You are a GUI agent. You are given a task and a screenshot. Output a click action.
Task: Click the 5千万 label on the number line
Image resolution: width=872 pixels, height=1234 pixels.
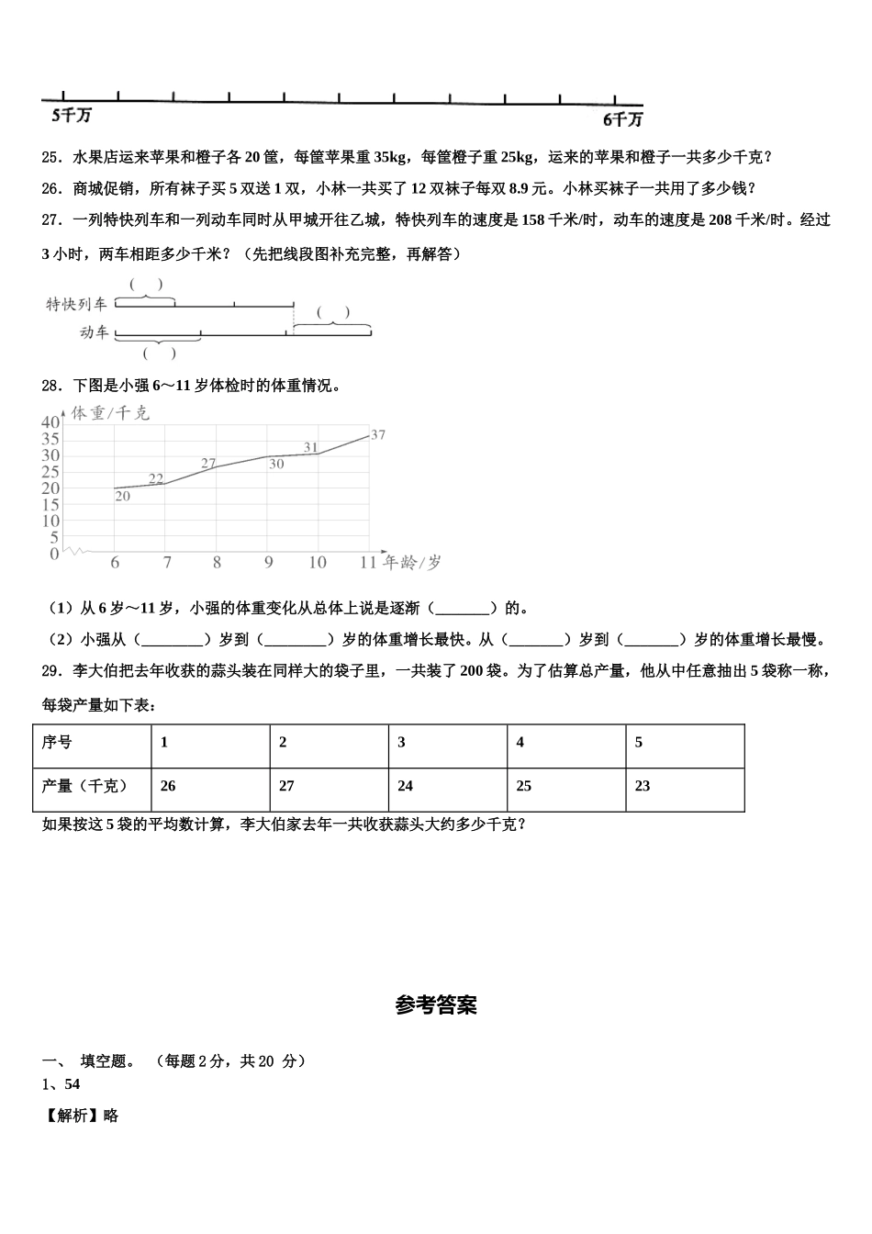72,116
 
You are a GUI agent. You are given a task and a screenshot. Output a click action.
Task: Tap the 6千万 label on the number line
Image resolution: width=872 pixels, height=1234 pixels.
622,119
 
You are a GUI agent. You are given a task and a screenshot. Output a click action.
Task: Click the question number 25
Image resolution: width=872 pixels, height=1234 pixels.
51,157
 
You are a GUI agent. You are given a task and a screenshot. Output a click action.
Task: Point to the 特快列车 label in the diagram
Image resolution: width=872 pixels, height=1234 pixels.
77,304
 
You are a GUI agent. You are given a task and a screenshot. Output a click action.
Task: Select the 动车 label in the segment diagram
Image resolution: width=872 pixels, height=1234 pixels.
94,332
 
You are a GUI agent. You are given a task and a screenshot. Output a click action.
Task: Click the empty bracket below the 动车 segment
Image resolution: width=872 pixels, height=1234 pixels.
159,353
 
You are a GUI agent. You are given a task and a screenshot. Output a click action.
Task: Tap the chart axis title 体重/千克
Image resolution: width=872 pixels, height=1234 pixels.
110,413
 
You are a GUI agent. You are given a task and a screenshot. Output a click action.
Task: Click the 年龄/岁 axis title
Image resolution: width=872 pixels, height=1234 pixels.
412,562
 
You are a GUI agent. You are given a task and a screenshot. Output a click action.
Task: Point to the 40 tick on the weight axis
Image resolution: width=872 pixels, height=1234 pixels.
50,421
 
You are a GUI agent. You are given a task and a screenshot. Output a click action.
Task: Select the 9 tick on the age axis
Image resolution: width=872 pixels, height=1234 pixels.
268,563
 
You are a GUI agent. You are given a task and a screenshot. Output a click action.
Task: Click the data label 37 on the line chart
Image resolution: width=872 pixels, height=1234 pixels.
377,434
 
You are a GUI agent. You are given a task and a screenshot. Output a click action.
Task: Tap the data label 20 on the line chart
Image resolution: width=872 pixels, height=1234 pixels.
122,496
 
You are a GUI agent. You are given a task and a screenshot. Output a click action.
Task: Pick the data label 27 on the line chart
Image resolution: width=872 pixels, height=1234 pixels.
208,463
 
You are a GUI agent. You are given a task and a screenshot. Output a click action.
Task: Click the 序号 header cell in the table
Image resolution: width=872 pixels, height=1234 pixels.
57,742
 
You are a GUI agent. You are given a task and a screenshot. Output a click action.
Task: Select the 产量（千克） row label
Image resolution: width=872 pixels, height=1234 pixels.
84,786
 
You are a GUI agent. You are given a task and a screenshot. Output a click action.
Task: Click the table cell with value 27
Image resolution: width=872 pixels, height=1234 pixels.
286,786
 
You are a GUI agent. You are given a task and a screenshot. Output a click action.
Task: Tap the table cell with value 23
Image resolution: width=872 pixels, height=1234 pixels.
643,786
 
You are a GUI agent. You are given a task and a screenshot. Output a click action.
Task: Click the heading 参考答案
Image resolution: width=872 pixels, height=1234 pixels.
436,1005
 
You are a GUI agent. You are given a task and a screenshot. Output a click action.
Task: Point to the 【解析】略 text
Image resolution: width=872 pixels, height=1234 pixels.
81,1116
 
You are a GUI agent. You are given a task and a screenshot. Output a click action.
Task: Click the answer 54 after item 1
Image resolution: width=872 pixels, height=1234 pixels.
73,1084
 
